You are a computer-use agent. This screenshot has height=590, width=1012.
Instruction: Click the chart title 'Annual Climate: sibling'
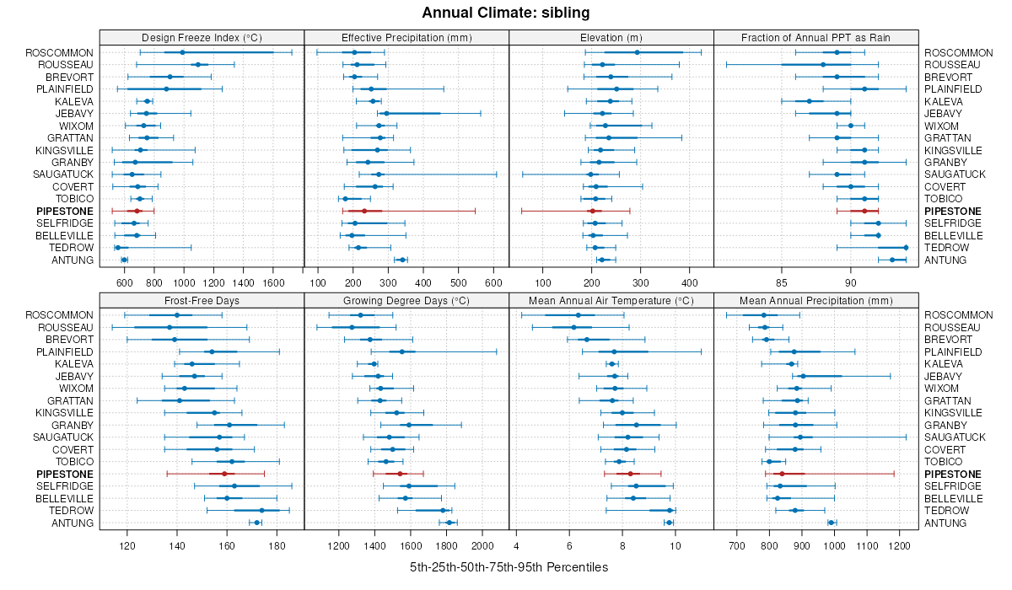pyautogui.click(x=505, y=13)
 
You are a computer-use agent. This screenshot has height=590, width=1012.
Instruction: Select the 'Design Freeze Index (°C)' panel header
pyautogui.click(x=202, y=37)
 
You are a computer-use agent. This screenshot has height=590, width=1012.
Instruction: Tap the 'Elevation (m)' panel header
pyautogui.click(x=611, y=37)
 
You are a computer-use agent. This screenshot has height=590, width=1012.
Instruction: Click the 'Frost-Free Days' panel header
pyautogui.click(x=202, y=300)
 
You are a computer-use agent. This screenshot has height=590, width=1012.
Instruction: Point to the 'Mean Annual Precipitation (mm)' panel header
pyautogui.click(x=816, y=300)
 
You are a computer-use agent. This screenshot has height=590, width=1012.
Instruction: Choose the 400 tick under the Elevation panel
pyautogui.click(x=688, y=282)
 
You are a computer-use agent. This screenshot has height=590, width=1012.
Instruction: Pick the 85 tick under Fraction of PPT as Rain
pyautogui.click(x=781, y=282)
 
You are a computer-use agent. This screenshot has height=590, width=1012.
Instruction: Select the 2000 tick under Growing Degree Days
pyautogui.click(x=482, y=544)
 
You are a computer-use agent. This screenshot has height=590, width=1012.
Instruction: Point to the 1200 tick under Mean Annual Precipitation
pyautogui.click(x=900, y=544)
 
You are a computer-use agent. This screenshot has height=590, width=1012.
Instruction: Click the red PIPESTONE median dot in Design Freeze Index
pyautogui.click(x=138, y=211)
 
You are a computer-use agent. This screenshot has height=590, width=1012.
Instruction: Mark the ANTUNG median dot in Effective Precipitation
pyautogui.click(x=401, y=260)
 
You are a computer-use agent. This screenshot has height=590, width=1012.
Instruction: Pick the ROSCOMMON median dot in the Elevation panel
pyautogui.click(x=638, y=52)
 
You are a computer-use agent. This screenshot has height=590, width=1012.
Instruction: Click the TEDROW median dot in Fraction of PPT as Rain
pyautogui.click(x=906, y=247)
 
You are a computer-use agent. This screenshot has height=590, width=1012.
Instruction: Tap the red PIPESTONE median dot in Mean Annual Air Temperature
pyautogui.click(x=630, y=474)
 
